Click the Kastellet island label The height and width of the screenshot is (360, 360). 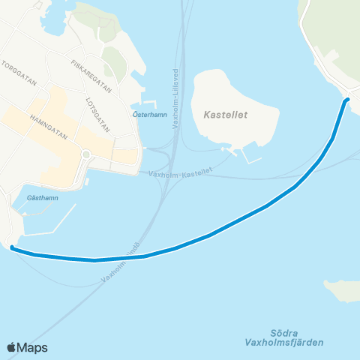coord(226,115)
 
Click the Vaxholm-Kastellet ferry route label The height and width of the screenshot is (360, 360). coord(180,173)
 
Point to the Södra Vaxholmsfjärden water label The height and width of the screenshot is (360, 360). coord(283,337)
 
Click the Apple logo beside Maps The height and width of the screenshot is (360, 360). coord(12,347)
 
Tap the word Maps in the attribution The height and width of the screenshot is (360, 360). coord(33,347)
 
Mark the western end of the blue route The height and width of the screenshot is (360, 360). coord(13,249)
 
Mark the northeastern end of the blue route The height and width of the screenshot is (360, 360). coord(347,99)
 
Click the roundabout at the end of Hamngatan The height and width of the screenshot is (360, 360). coord(86,154)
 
